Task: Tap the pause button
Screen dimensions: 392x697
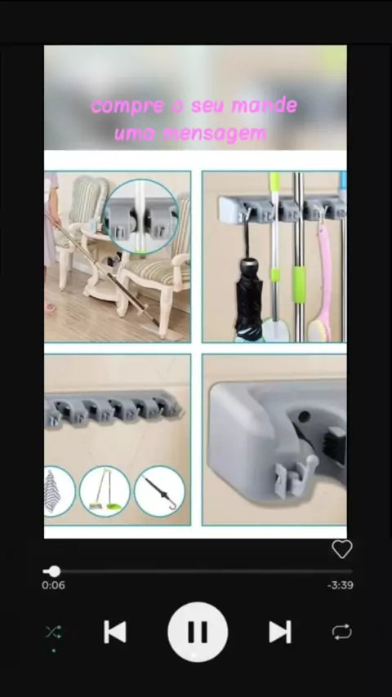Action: pyautogui.click(x=198, y=632)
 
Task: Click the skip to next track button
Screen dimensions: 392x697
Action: pyautogui.click(x=280, y=632)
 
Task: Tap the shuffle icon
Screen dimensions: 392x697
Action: pyautogui.click(x=53, y=632)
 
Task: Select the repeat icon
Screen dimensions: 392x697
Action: pyautogui.click(x=341, y=632)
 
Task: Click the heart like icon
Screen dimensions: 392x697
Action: pyautogui.click(x=341, y=549)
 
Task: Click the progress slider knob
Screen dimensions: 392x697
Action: pyautogui.click(x=54, y=571)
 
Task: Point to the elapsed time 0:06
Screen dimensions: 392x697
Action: pyautogui.click(x=53, y=585)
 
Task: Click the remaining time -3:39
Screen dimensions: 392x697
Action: pyautogui.click(x=341, y=585)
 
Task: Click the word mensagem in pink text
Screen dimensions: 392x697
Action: pyautogui.click(x=215, y=134)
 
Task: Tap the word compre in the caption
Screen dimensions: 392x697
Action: pyautogui.click(x=127, y=106)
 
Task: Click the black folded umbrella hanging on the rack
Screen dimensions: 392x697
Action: pyautogui.click(x=249, y=297)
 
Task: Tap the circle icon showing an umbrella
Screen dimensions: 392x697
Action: pyautogui.click(x=159, y=491)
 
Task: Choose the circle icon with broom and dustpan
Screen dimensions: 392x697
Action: pyautogui.click(x=105, y=491)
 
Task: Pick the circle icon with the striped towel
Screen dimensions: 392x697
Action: pyautogui.click(x=59, y=491)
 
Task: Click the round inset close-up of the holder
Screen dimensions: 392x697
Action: pyautogui.click(x=141, y=216)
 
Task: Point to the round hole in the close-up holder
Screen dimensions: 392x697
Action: pyautogui.click(x=305, y=417)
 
